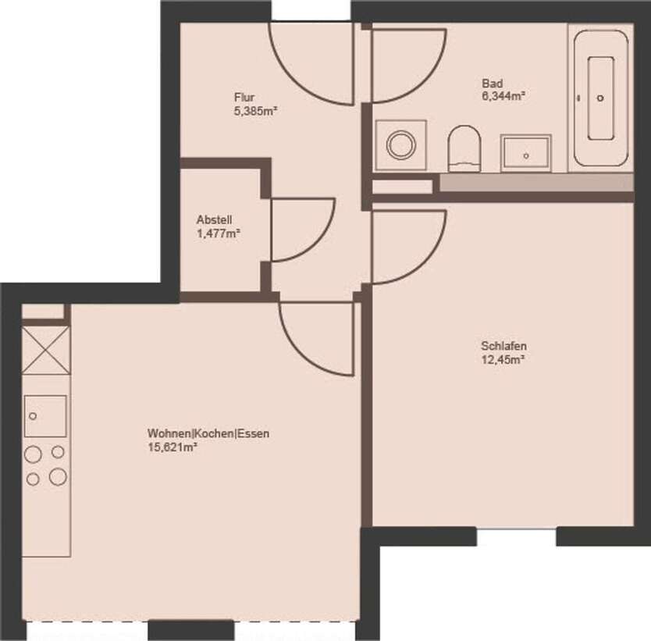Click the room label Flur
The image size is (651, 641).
pos(244,98)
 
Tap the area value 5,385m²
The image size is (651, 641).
pos(256,112)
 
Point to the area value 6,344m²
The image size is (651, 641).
pos(503,98)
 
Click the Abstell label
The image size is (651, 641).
pos(214,219)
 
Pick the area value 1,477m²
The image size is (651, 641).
pos(218,233)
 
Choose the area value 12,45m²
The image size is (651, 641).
pos(502,360)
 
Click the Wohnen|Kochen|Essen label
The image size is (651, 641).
pos(208,433)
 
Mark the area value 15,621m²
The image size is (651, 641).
pos(171,447)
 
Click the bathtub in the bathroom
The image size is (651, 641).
pos(600,98)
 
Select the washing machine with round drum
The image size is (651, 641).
pos(400,145)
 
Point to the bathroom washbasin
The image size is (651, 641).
pos(526,152)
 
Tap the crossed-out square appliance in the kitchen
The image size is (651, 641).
pos(45,351)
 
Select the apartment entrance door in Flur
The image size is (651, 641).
pos(311,59)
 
